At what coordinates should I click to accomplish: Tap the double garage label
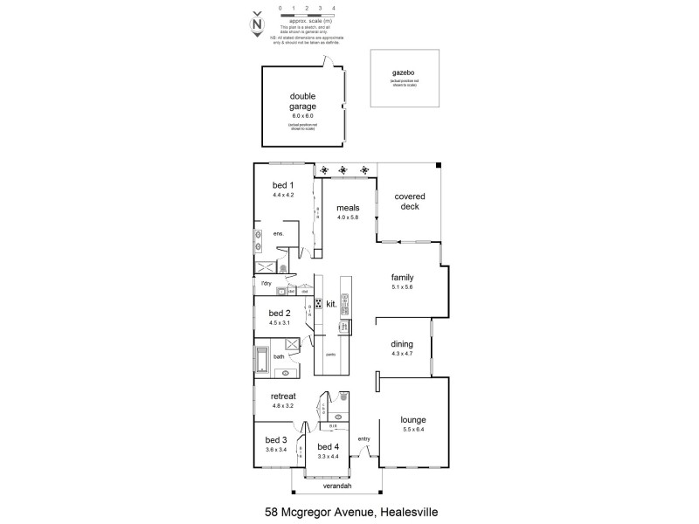[302, 101]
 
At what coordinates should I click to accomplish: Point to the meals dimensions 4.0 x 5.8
[349, 217]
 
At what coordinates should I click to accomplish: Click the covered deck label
[406, 202]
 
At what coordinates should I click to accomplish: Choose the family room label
[402, 277]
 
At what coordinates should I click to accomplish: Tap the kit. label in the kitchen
[331, 303]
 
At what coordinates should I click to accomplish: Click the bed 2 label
[280, 313]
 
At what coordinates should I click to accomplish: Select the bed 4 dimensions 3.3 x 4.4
[328, 456]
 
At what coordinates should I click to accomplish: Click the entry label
[364, 438]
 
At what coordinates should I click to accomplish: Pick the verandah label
[337, 486]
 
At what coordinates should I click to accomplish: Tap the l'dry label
[265, 284]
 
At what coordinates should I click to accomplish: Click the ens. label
[278, 234]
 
